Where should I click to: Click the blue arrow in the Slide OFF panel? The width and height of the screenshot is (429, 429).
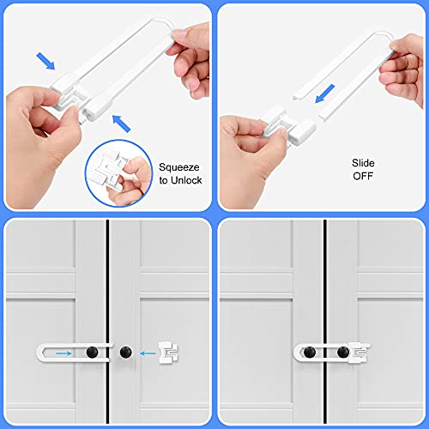(x=326, y=89)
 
